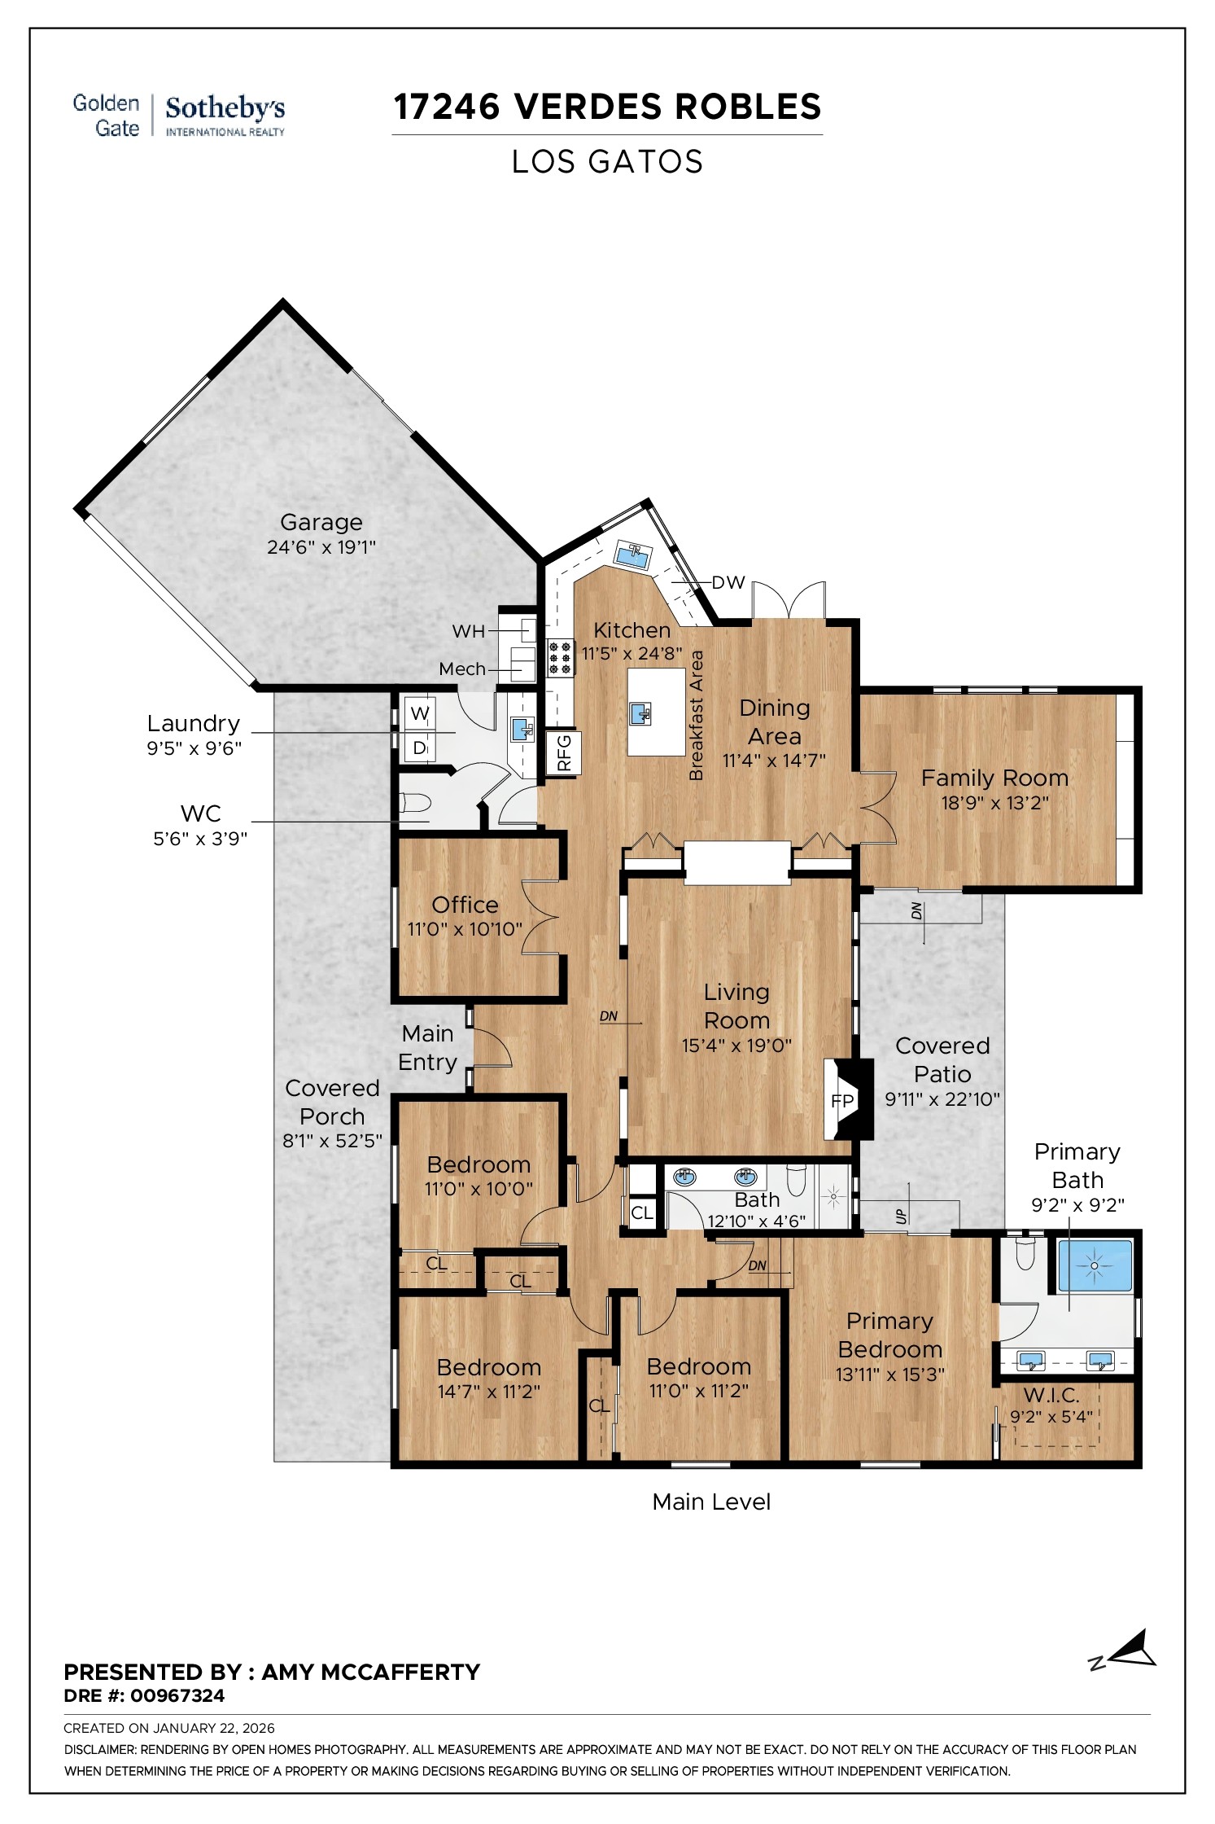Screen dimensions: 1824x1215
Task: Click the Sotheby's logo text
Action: (225, 109)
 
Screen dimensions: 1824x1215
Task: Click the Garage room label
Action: (321, 522)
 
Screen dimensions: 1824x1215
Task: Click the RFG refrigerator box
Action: (564, 752)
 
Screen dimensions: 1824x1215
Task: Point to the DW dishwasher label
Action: (728, 582)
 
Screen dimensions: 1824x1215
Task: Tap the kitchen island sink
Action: (641, 714)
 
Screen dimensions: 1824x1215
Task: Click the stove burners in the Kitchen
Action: (560, 658)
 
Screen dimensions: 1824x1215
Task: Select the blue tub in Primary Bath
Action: (1095, 1265)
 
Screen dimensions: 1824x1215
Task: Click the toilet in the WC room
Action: (414, 804)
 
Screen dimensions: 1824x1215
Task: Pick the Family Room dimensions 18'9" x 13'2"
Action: (994, 803)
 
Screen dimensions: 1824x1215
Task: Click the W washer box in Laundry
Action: (420, 714)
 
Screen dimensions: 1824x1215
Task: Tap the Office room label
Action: (465, 905)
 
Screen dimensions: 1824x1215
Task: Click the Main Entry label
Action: (427, 1047)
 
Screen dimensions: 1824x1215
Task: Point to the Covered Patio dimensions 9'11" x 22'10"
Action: (942, 1099)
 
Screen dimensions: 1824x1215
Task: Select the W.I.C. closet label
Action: (1051, 1395)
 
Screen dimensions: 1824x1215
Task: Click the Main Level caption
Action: (710, 1502)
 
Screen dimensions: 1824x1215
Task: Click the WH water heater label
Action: (468, 631)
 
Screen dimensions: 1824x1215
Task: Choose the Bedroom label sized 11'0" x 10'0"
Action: (479, 1164)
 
